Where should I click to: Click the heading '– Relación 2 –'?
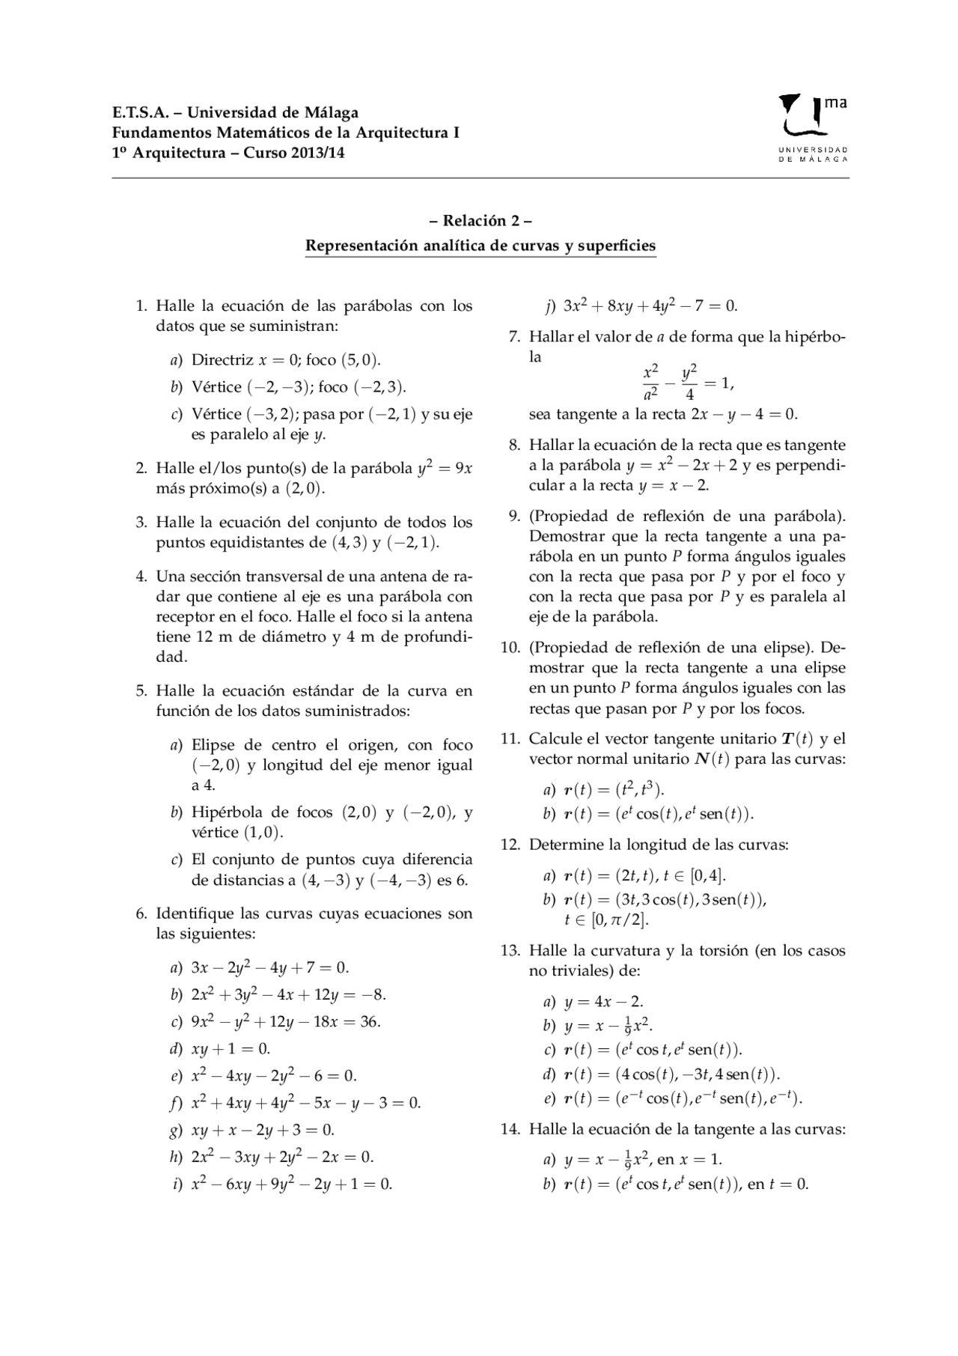[x=480, y=221]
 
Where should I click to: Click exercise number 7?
[x=513, y=337]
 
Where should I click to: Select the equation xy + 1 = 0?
[x=231, y=1049]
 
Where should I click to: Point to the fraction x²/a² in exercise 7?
[x=650, y=383]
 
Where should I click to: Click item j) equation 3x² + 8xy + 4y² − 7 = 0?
[x=650, y=305]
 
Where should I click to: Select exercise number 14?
[x=510, y=1129]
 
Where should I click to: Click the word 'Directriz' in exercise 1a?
[x=222, y=359]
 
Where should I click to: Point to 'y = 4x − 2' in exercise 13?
[x=603, y=1002]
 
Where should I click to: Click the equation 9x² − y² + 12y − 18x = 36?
[x=286, y=1022]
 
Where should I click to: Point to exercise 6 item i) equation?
[x=292, y=1184]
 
